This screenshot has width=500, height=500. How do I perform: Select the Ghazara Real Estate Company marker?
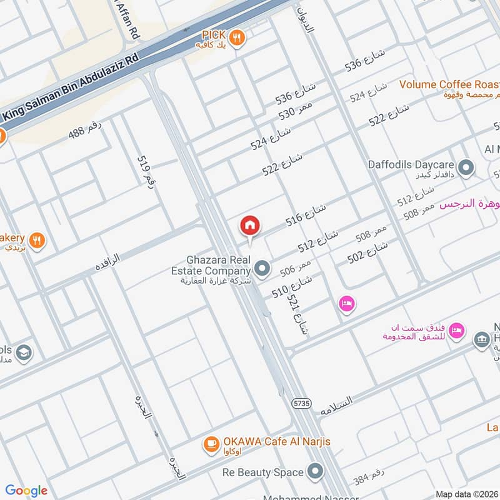point(262,269)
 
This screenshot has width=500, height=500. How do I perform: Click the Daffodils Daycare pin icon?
point(466,167)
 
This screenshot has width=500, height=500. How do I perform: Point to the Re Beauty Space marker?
point(316,472)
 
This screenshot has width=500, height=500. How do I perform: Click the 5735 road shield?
point(301,404)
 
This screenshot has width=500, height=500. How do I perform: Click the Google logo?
point(26,491)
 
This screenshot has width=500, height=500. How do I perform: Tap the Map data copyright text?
point(466,494)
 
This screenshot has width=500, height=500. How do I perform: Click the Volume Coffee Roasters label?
point(449,84)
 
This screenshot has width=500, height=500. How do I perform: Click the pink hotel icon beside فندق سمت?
point(457,330)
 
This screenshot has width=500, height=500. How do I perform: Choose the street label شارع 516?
point(307,213)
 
